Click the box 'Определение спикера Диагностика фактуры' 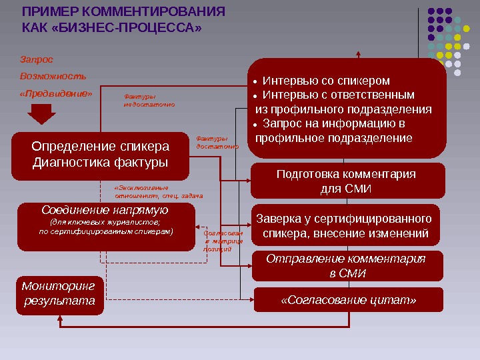(x=100, y=155)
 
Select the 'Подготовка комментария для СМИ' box (x=345, y=182)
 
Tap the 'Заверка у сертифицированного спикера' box (x=345, y=226)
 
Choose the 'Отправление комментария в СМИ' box (x=345, y=266)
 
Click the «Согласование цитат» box (x=348, y=300)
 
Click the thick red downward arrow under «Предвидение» (x=42, y=116)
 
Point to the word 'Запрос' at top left (x=37, y=60)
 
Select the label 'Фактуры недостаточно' (x=149, y=101)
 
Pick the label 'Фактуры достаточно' (x=216, y=143)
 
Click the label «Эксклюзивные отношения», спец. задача (x=158, y=192)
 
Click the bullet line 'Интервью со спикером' (x=325, y=80)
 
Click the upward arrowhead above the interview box (x=357, y=54)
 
